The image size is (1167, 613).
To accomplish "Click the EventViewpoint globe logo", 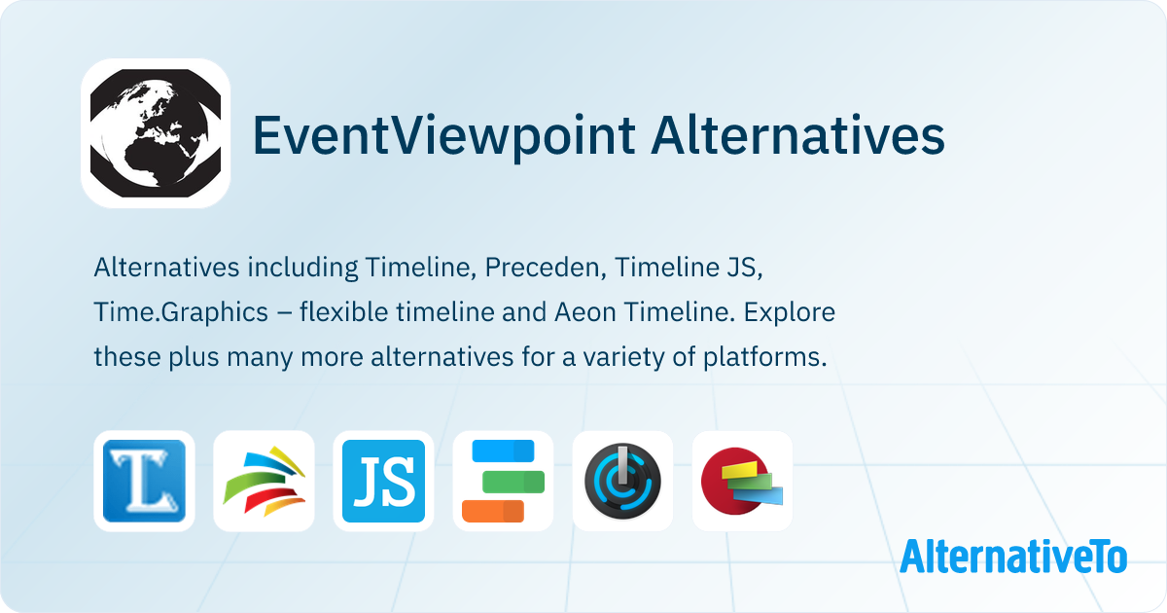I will pyautogui.click(x=156, y=133).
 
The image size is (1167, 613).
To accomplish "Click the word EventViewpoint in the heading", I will pyautogui.click(x=443, y=136).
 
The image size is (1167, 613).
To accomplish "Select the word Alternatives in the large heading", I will pyautogui.click(x=797, y=136).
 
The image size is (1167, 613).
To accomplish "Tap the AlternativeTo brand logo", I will pyautogui.click(x=1012, y=556).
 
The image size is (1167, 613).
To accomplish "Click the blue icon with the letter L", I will pyautogui.click(x=144, y=482).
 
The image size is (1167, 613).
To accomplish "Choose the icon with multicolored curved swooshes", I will pyautogui.click(x=264, y=482).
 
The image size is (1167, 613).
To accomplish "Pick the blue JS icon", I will pyautogui.click(x=383, y=482).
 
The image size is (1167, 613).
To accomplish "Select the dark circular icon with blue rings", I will pyautogui.click(x=622, y=482).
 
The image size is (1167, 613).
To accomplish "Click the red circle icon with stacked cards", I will pyautogui.click(x=742, y=482).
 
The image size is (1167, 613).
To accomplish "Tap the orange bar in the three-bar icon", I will pyautogui.click(x=492, y=510).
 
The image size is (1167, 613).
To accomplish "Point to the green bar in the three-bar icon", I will pyautogui.click(x=513, y=481).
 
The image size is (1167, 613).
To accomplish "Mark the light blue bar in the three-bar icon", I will pyautogui.click(x=503, y=451).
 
